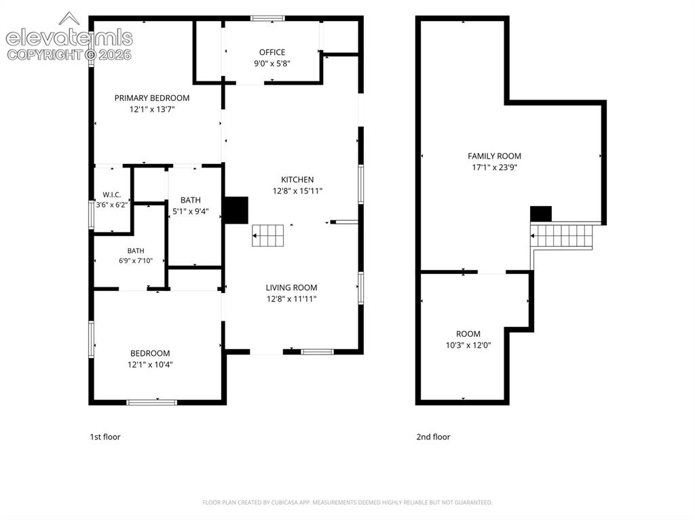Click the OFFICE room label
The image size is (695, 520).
(x=272, y=52)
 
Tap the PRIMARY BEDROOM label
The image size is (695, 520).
(x=152, y=98)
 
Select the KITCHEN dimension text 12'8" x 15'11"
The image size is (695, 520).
(x=297, y=191)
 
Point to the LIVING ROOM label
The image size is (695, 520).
(x=291, y=287)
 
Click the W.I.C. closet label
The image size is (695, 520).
(x=112, y=195)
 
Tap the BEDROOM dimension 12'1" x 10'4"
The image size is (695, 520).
(x=150, y=365)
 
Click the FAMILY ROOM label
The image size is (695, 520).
(x=494, y=156)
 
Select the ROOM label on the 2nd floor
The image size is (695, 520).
(x=468, y=334)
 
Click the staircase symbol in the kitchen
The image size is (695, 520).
(x=267, y=236)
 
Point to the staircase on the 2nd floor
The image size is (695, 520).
(x=562, y=236)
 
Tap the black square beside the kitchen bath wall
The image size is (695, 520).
(x=237, y=210)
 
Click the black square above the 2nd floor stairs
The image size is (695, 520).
(x=541, y=214)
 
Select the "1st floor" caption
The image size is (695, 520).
(x=105, y=437)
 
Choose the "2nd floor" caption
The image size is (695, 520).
(x=433, y=437)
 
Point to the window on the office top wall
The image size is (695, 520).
(x=267, y=18)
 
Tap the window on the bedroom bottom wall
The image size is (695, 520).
(x=151, y=402)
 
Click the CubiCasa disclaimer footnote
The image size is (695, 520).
(x=347, y=502)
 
